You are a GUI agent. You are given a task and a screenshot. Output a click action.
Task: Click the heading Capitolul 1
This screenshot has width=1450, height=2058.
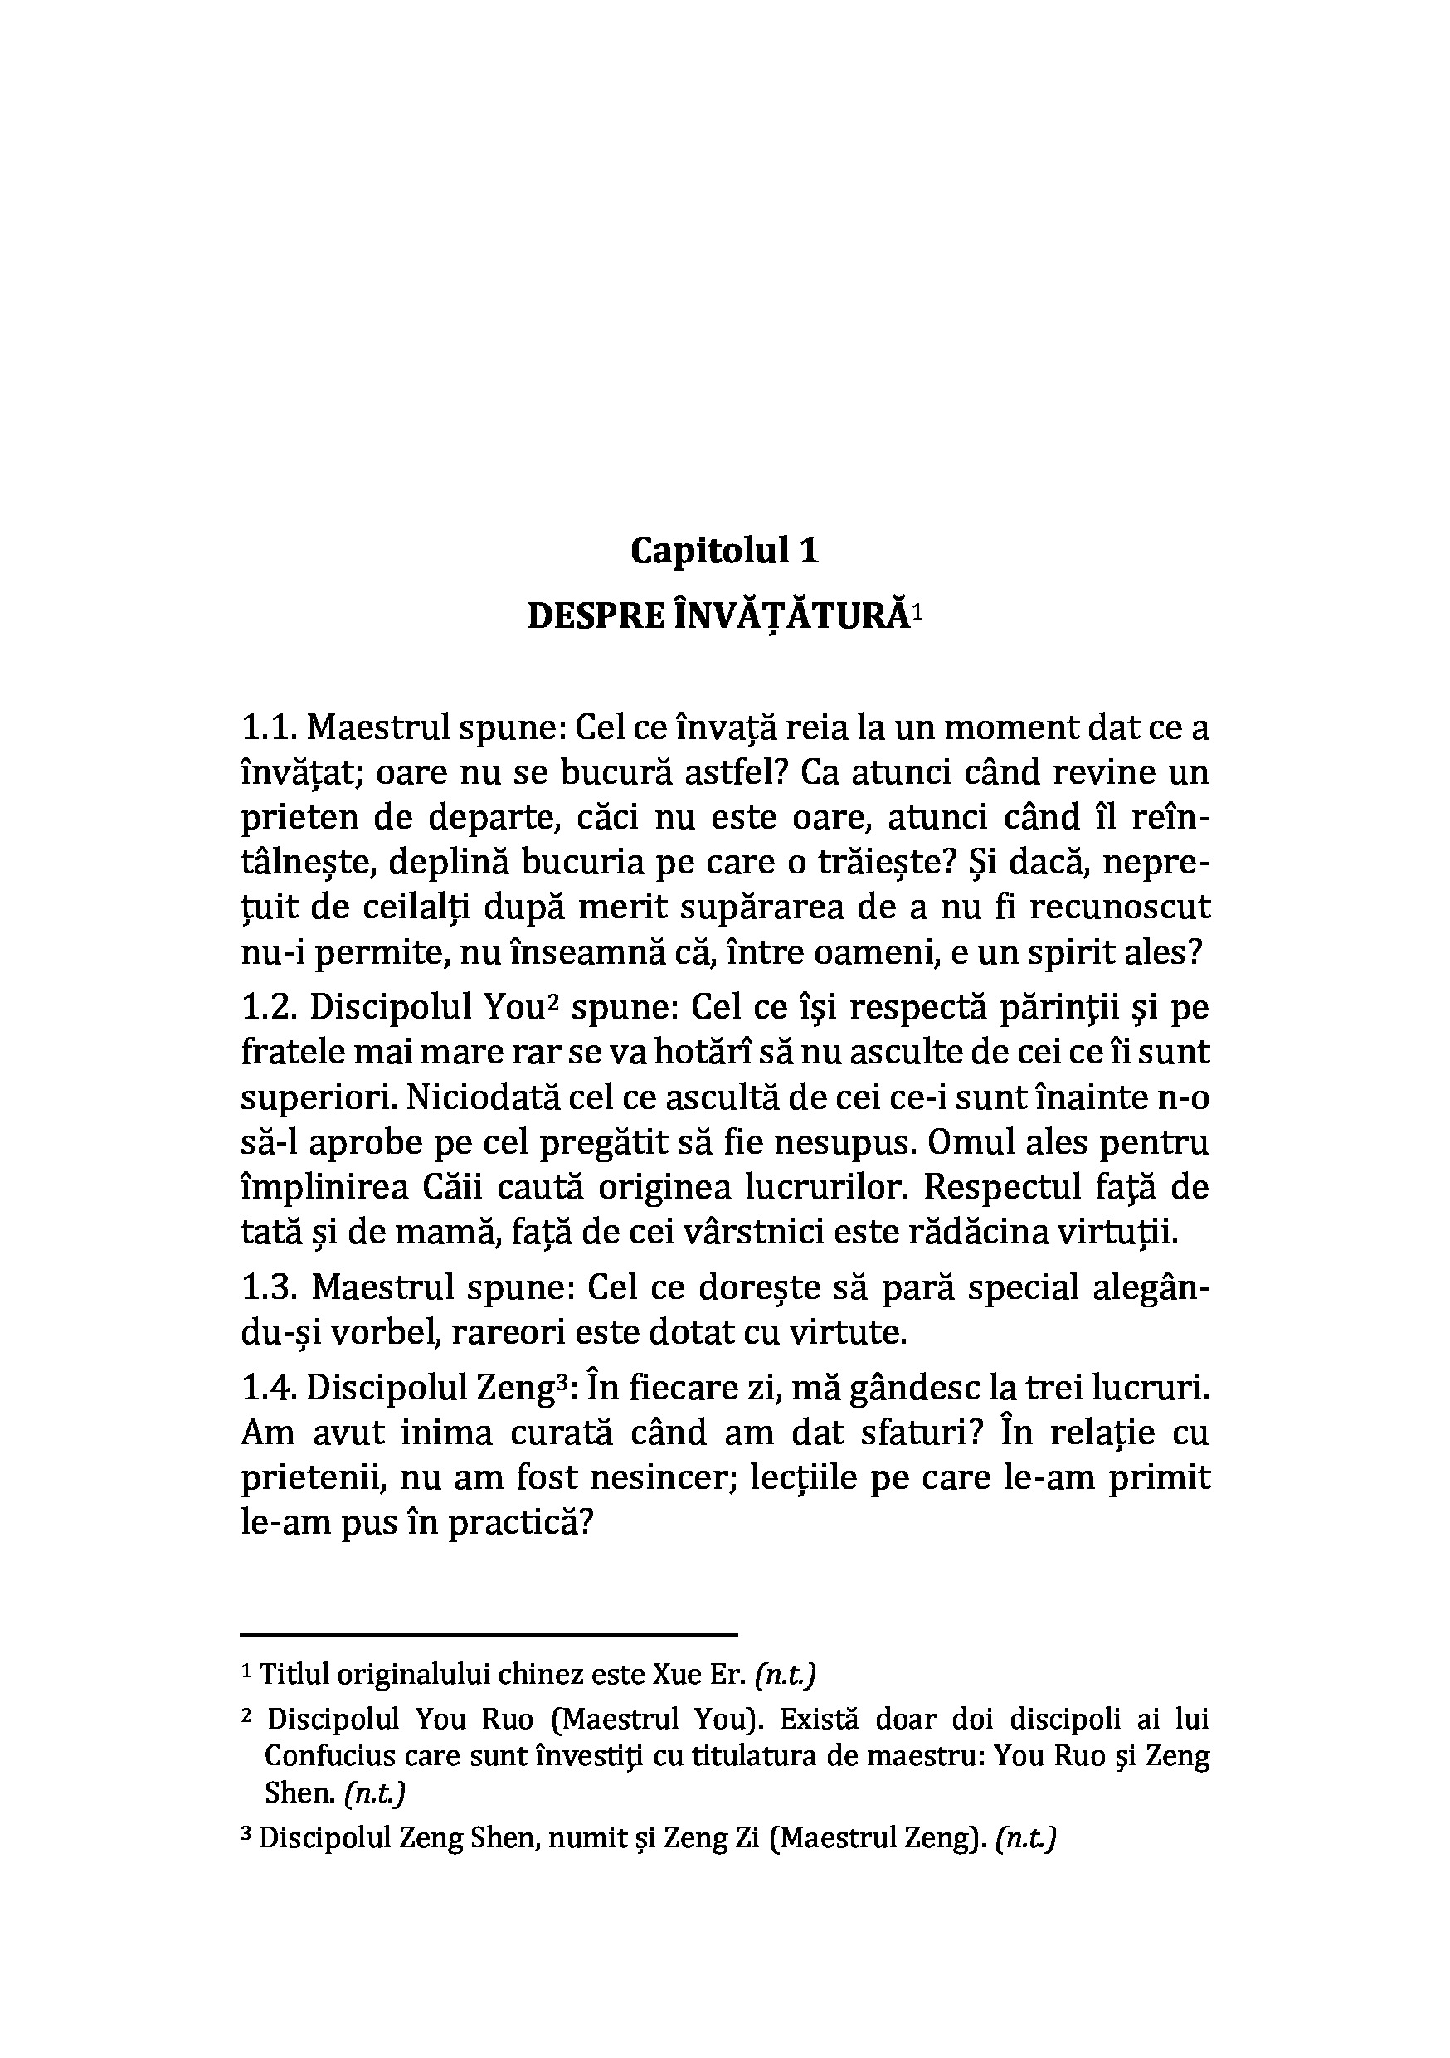pyautogui.click(x=724, y=550)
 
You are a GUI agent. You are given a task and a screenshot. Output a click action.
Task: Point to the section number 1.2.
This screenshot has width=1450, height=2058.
pyautogui.click(x=270, y=1008)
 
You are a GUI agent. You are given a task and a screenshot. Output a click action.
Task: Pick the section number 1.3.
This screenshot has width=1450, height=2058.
pyautogui.click(x=270, y=1288)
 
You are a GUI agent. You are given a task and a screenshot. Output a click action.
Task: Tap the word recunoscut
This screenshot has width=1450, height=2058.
pyautogui.click(x=1120, y=907)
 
